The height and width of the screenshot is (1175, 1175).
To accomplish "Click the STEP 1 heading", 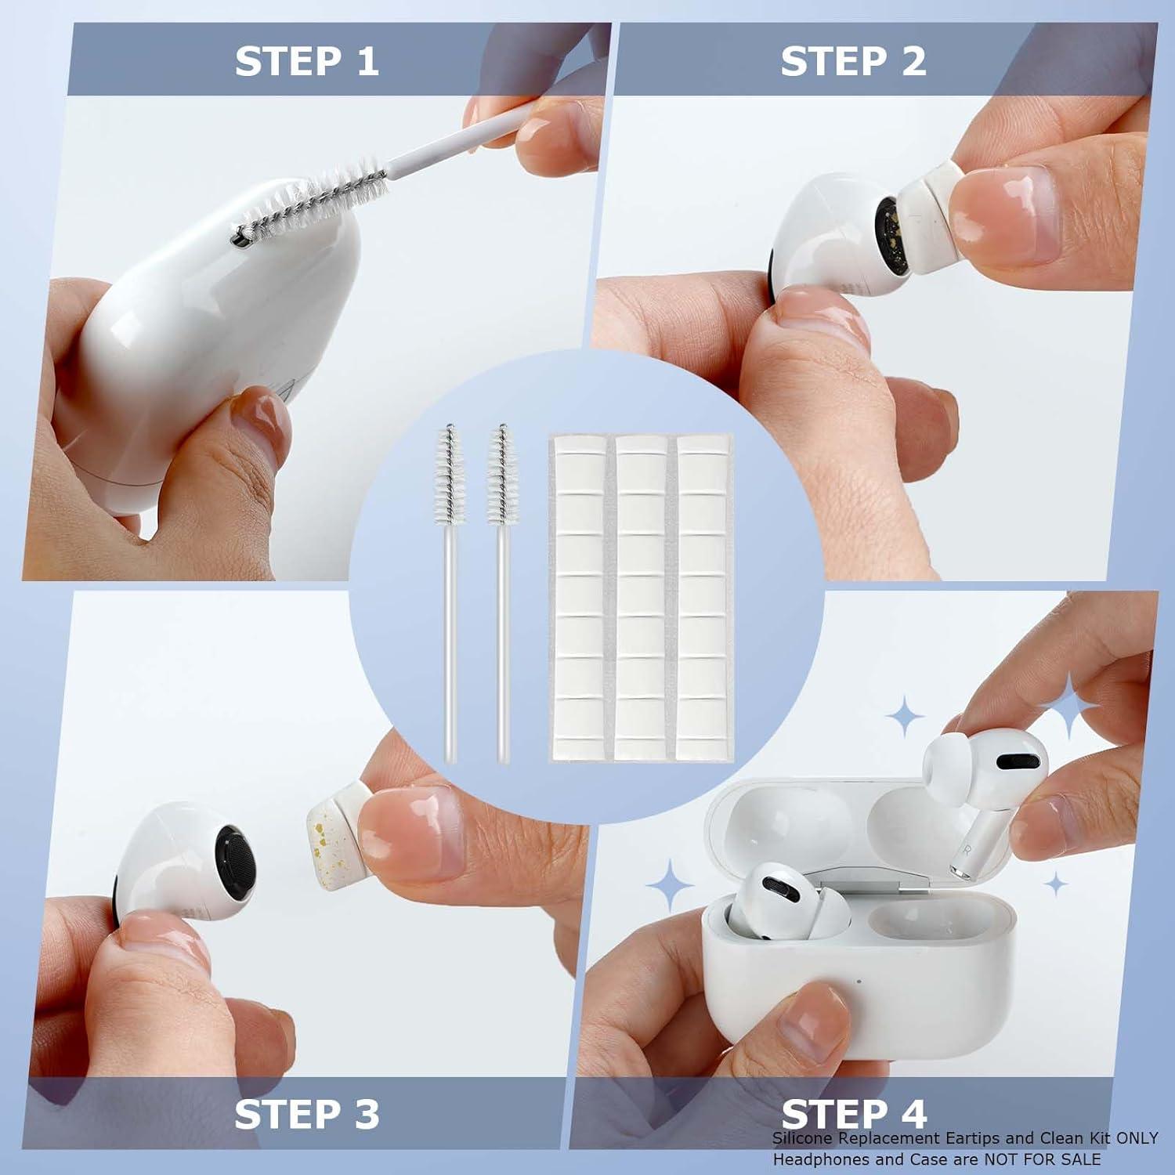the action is tap(306, 62).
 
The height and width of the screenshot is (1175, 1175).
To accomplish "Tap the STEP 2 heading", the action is tap(853, 62).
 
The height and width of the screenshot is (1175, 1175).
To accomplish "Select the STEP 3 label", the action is tap(306, 1114).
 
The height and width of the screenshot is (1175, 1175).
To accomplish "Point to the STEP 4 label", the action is tap(854, 1114).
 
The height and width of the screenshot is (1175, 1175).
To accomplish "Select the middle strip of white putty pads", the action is tap(641, 597).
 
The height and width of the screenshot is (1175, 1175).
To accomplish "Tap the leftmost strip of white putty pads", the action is tap(580, 597).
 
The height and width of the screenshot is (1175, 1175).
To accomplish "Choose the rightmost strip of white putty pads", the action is tap(702, 597).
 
